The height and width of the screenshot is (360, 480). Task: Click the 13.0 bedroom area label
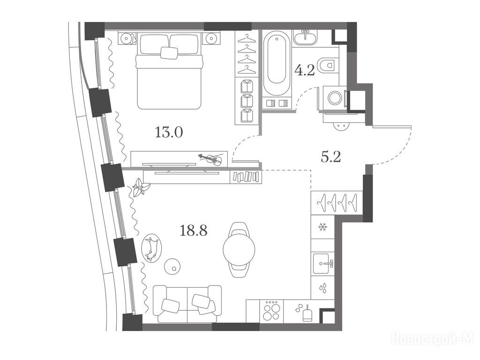tap(169, 133)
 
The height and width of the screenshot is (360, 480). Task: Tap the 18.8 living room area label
tap(194, 230)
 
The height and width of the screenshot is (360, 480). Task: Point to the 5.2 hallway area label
tap(331, 157)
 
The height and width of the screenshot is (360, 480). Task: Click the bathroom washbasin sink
tap(305, 37)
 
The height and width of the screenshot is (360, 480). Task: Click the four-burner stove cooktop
tap(271, 310)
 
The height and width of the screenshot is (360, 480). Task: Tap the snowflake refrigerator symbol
tap(322, 227)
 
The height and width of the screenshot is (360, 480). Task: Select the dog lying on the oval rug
tap(151, 248)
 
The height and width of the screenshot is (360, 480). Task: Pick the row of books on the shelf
tap(246, 177)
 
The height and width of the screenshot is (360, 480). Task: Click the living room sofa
tap(187, 304)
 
